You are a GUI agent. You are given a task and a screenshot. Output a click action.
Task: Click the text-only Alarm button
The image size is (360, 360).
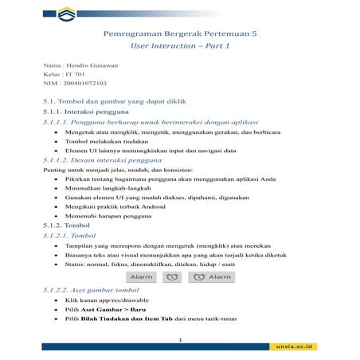click(x=143, y=276)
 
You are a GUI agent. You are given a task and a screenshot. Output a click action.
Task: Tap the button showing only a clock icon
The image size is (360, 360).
click(x=171, y=276)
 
